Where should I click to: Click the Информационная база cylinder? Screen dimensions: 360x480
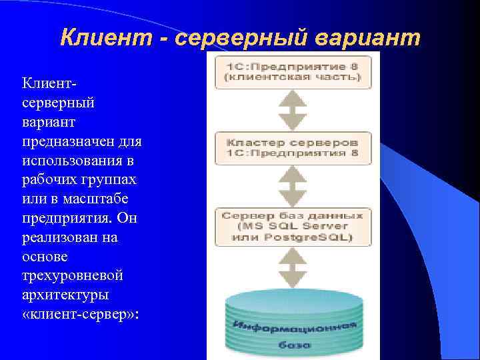[x=294, y=320]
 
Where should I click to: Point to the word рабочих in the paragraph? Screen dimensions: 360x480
[x=46, y=180]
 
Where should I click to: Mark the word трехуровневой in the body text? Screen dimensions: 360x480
[x=63, y=276]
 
